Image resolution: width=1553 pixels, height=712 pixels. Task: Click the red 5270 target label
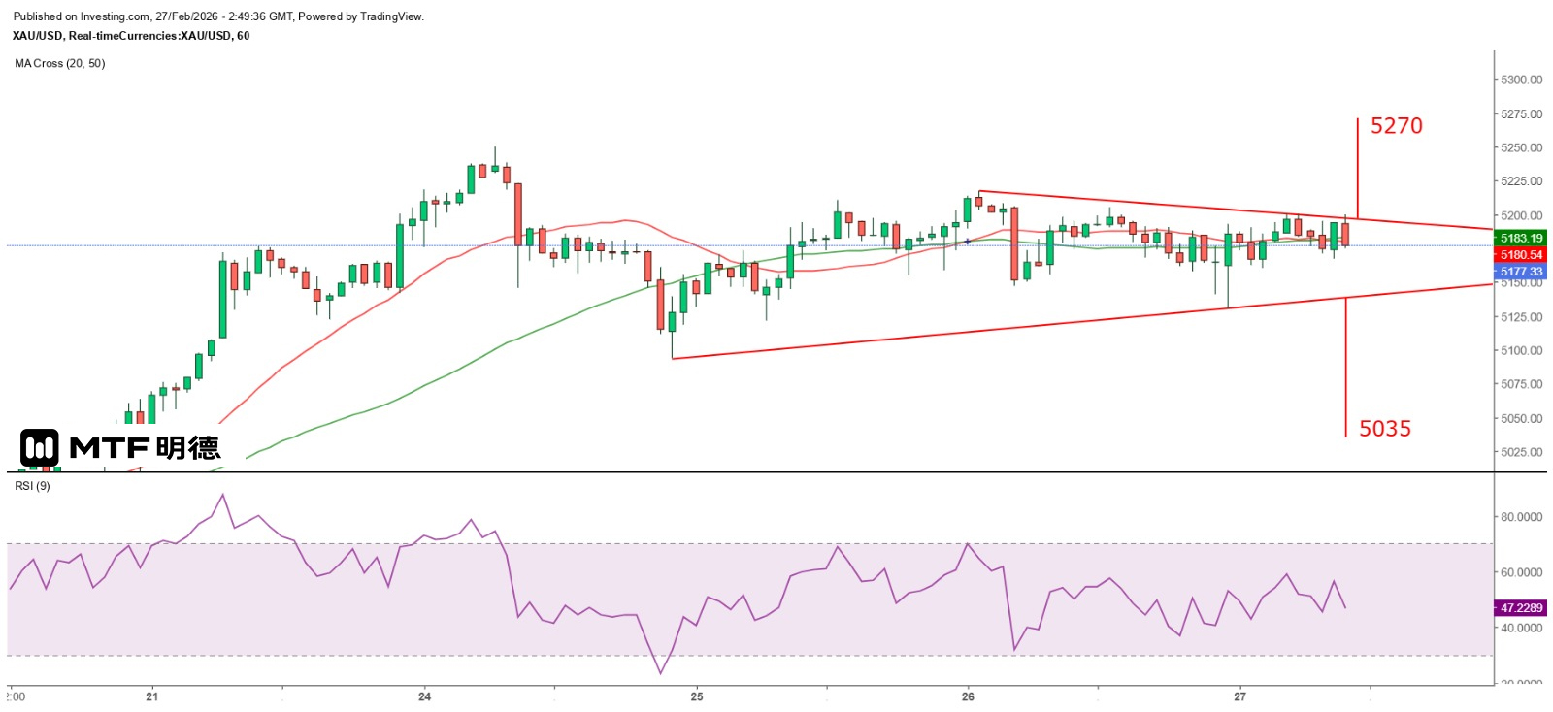coord(1396,126)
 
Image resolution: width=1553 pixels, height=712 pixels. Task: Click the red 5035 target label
coord(1384,429)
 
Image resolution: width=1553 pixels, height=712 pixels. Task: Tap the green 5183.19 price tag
coord(1521,238)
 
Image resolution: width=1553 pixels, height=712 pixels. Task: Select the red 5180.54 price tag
coord(1521,255)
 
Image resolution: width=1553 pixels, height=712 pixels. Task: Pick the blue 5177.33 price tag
coord(1521,272)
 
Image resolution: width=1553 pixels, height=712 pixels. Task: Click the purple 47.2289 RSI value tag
coord(1521,608)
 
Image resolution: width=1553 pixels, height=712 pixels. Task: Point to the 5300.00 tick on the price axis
coord(1521,80)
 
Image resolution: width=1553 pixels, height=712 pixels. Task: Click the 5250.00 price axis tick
coord(1521,147)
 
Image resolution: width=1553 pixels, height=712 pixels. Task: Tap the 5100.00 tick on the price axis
coord(1521,350)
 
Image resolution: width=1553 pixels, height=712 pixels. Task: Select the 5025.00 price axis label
coord(1521,452)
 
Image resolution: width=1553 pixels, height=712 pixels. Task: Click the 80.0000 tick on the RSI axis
coord(1521,517)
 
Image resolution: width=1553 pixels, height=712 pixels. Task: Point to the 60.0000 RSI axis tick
coord(1521,572)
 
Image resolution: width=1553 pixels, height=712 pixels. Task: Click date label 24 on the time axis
coord(424,696)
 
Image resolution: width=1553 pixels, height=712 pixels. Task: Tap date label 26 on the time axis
coord(968,696)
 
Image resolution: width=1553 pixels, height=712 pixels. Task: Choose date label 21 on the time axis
coord(151,696)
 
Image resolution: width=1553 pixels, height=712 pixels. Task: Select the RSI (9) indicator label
coord(32,486)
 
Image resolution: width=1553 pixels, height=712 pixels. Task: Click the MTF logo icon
coord(40,447)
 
